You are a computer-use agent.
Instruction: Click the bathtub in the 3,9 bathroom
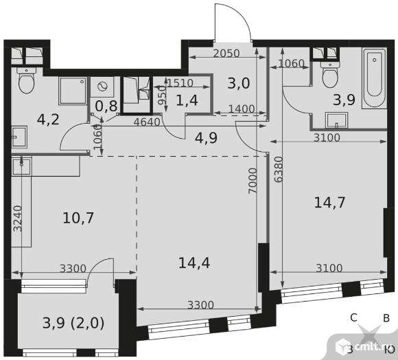coord(375,78)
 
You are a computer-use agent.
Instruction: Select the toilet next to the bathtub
coord(329,74)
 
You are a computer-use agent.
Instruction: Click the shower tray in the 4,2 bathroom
coord(73,91)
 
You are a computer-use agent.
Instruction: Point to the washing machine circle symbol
coord(102,87)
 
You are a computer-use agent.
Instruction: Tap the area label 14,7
coord(329,203)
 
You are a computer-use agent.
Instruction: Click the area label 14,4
coord(194,263)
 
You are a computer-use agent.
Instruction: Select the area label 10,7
coord(78,218)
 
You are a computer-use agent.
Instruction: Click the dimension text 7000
coord(253,181)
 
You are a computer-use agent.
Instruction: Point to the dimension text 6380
coord(279,170)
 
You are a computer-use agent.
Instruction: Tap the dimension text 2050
coord(226,54)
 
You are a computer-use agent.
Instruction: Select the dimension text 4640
coord(147,122)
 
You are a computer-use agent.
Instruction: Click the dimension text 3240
coord(18,218)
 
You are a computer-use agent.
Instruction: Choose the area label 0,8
coord(106,106)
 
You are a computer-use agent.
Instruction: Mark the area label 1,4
coord(187,100)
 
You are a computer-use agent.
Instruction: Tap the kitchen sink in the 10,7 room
coord(21,166)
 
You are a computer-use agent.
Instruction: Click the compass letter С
coord(353,317)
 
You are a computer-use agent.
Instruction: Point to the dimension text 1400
coord(242,109)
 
